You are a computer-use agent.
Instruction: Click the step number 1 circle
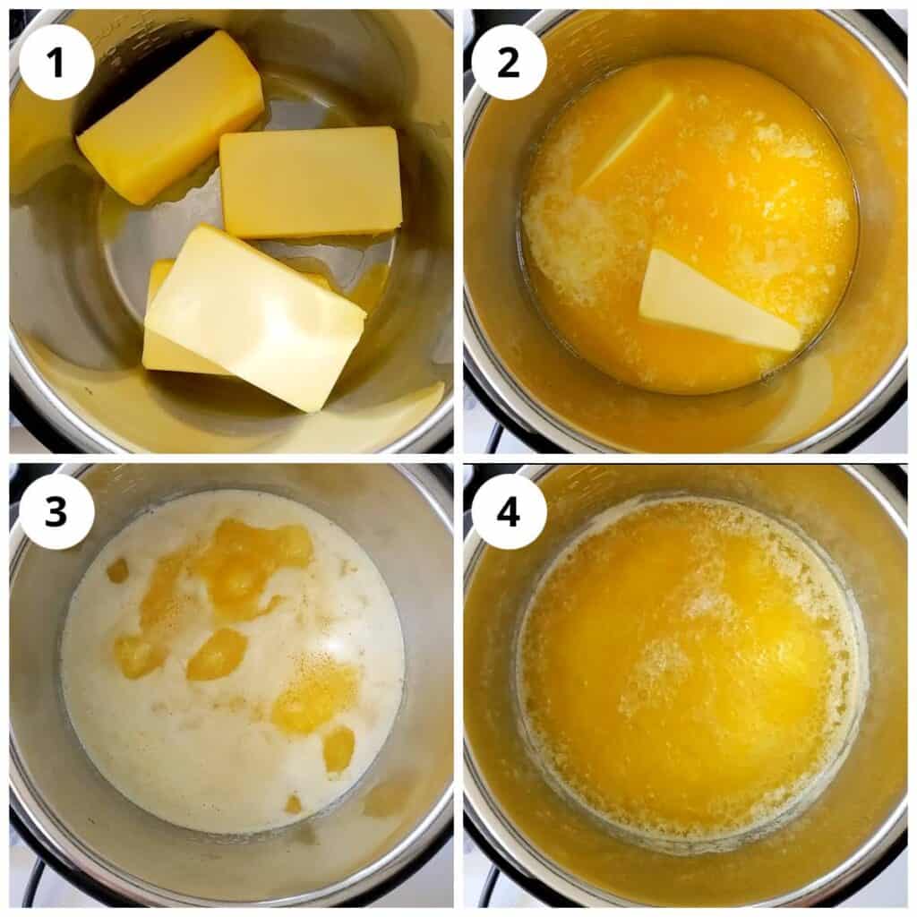(x=56, y=62)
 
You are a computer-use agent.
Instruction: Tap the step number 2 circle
(x=509, y=62)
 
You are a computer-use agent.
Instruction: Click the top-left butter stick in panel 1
(x=170, y=116)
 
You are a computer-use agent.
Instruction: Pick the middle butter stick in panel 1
(x=311, y=182)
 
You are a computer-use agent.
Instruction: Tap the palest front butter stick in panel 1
(x=255, y=318)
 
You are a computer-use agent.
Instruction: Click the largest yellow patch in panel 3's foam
(x=246, y=560)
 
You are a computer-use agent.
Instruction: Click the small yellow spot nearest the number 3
(x=117, y=570)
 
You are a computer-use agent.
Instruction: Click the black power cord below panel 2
(x=493, y=439)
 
